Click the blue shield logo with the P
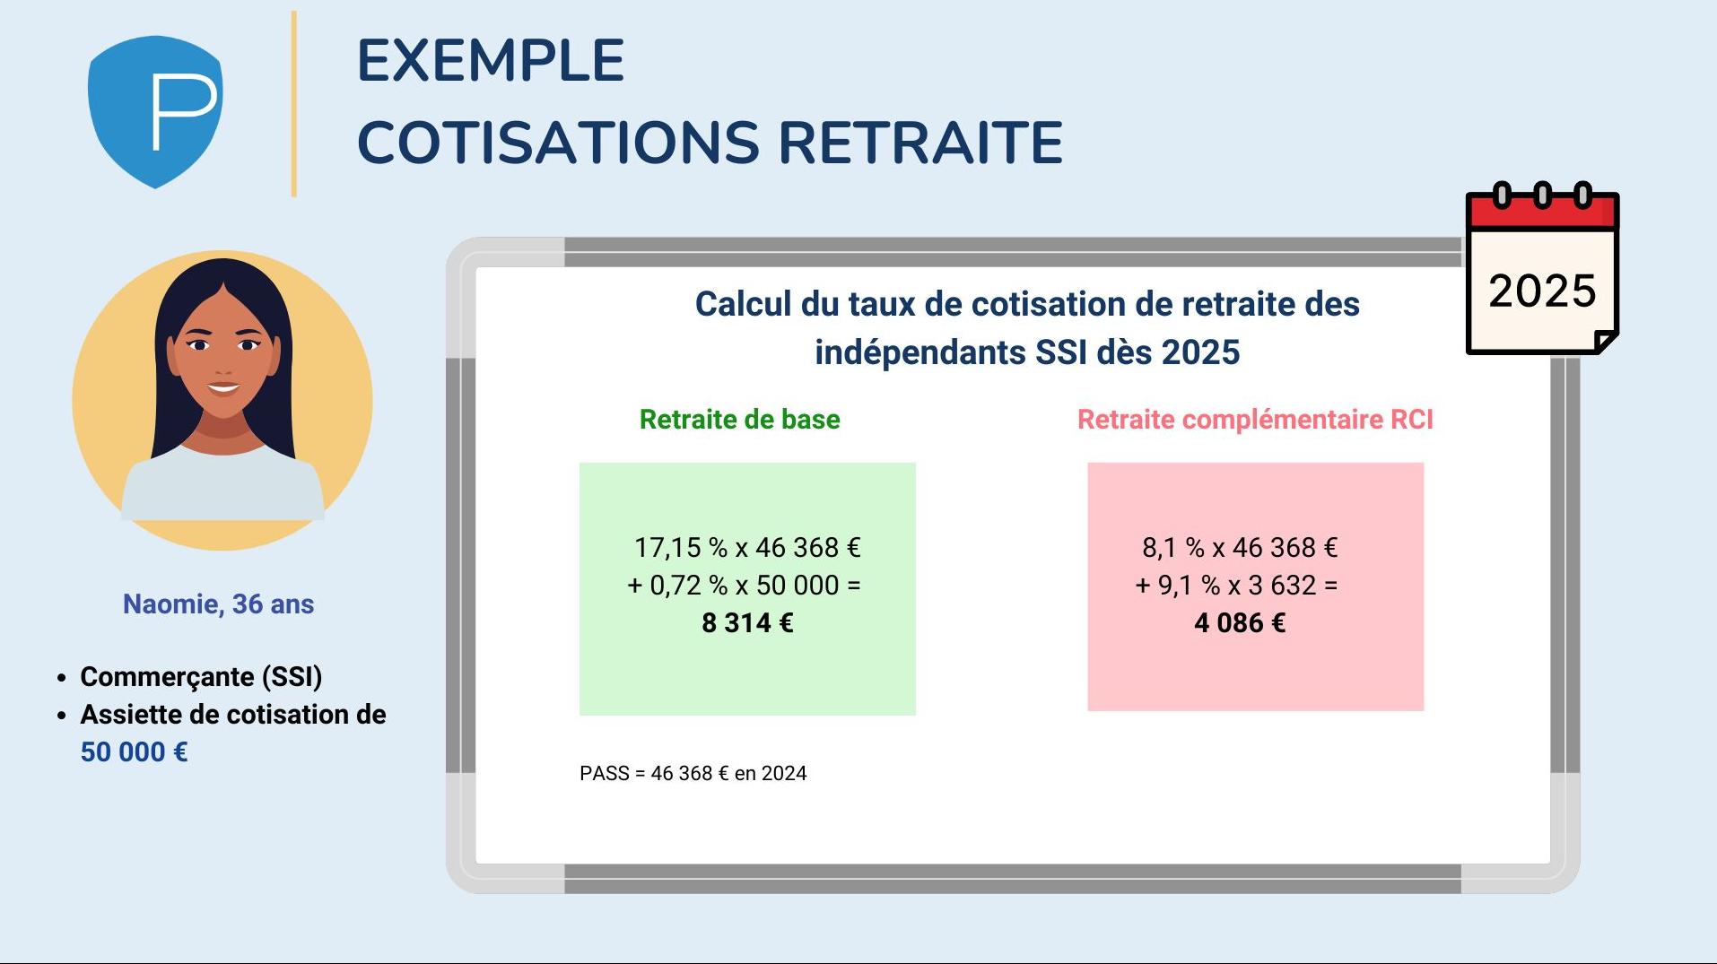(x=155, y=111)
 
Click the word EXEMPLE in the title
(x=491, y=61)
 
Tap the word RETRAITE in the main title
(x=920, y=143)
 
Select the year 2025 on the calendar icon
(x=1542, y=291)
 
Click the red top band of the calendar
(x=1542, y=212)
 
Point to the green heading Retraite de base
(x=739, y=420)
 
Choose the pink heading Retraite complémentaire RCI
(x=1255, y=420)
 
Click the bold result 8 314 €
(x=747, y=622)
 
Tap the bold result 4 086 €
(x=1240, y=622)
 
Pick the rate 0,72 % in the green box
(x=689, y=585)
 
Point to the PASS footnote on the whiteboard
(x=693, y=773)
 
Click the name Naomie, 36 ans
(x=218, y=604)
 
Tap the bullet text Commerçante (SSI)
(x=201, y=676)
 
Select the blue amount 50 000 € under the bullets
(x=135, y=751)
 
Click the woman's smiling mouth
(x=222, y=388)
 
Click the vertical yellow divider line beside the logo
(x=293, y=104)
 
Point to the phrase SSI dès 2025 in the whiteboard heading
(x=1137, y=352)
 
